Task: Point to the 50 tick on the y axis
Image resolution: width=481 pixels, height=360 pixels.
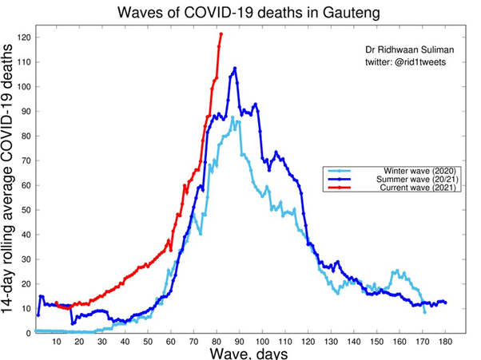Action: [26, 210]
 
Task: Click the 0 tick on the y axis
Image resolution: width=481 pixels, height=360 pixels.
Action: [29, 333]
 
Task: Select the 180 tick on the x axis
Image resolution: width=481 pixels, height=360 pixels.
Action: [445, 343]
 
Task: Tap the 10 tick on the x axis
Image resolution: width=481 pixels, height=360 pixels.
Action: [56, 343]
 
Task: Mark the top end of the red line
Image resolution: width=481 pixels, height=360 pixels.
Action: [221, 34]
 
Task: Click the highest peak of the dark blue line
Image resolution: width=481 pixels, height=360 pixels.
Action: [235, 69]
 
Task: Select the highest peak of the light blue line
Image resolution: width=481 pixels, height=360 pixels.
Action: [233, 118]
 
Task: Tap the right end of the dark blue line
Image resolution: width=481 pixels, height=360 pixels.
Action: [445, 303]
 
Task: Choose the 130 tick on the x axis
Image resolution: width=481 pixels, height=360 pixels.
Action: [330, 343]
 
